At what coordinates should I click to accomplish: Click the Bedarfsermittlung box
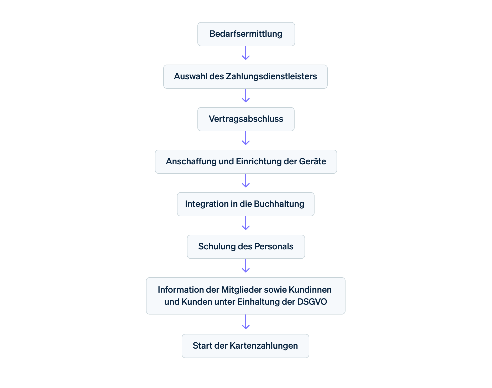click(246, 34)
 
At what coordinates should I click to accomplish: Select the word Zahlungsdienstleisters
click(271, 76)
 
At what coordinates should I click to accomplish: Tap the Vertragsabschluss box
click(246, 119)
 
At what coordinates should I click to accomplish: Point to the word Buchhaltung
click(279, 204)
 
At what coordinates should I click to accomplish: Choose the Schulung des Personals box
click(246, 247)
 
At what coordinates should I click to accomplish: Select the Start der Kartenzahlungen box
click(245, 346)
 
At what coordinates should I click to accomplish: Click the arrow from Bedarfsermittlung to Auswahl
click(246, 53)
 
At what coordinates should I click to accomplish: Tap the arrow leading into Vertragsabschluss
click(246, 96)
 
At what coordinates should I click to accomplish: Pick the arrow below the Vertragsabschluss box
click(246, 138)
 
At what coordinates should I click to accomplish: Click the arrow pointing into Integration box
click(246, 181)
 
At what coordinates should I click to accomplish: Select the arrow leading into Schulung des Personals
click(246, 223)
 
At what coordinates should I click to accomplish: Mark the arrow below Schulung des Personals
click(246, 266)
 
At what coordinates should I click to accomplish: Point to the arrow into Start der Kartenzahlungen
click(246, 322)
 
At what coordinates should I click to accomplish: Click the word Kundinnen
click(310, 290)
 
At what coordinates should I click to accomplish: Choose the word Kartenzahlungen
click(264, 346)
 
